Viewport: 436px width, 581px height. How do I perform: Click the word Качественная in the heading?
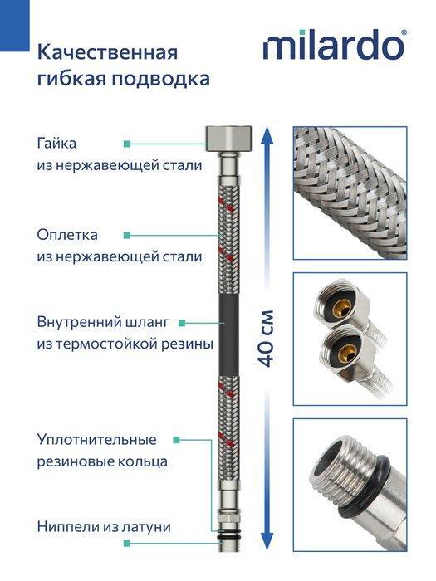click(107, 53)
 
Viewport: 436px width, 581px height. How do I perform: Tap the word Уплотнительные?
click(96, 439)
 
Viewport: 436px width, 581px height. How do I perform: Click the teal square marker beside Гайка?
click(127, 143)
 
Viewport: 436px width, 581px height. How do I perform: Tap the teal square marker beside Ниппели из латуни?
click(127, 543)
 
